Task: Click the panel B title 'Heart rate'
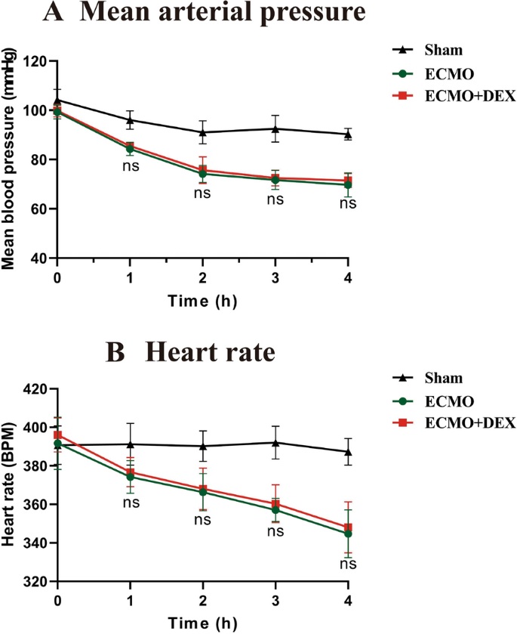pyautogui.click(x=219, y=353)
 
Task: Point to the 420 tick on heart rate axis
pyautogui.click(x=35, y=389)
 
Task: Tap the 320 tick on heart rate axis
pyautogui.click(x=35, y=582)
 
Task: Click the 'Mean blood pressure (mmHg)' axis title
pyautogui.click(x=11, y=159)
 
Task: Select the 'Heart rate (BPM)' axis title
pyautogui.click(x=11, y=485)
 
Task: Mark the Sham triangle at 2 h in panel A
pyautogui.click(x=202, y=131)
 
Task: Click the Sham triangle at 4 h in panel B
pyautogui.click(x=348, y=451)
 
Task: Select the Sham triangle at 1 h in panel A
pyautogui.click(x=130, y=119)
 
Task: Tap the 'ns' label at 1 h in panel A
pyautogui.click(x=130, y=165)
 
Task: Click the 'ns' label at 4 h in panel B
pyautogui.click(x=348, y=564)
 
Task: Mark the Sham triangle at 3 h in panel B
pyautogui.click(x=275, y=442)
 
